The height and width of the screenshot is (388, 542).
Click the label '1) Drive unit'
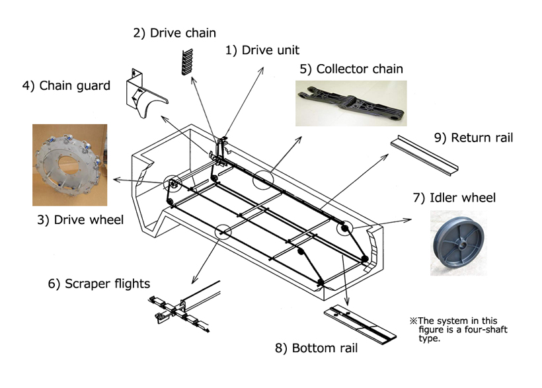262,50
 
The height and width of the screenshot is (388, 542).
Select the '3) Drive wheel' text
80,219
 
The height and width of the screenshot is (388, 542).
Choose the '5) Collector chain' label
351,69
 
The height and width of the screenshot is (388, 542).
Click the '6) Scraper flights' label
98,284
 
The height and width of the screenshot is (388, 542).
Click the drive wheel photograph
69,165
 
